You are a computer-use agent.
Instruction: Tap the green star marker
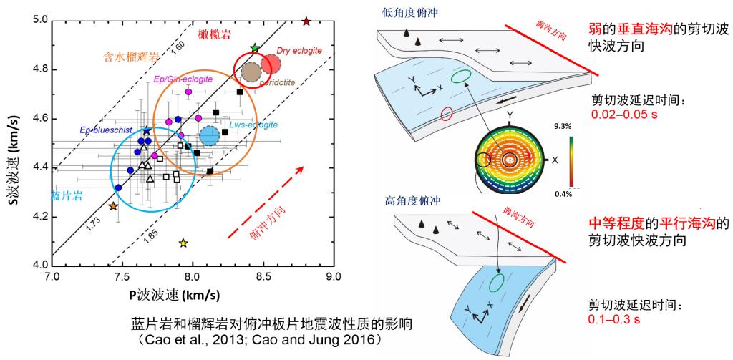pyautogui.click(x=255, y=48)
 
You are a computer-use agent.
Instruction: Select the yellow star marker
pyautogui.click(x=183, y=244)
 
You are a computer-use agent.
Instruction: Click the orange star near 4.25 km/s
pyautogui.click(x=113, y=206)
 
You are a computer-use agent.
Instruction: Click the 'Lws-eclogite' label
pyautogui.click(x=256, y=125)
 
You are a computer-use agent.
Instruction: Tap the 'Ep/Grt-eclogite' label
pyautogui.click(x=183, y=79)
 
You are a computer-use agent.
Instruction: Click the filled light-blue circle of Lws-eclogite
pyautogui.click(x=210, y=135)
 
